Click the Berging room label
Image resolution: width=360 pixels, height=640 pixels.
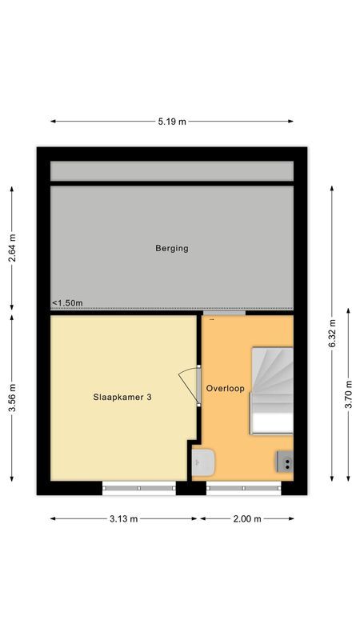click(x=172, y=248)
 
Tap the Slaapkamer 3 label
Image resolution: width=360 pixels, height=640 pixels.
click(x=122, y=394)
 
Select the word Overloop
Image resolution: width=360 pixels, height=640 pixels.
click(x=225, y=388)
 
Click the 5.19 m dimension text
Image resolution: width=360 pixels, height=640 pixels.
click(x=172, y=122)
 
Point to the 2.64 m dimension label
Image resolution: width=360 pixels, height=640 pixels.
click(x=11, y=249)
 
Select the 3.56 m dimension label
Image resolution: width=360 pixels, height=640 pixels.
click(x=11, y=398)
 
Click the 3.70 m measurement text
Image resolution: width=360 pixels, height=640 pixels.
click(x=349, y=394)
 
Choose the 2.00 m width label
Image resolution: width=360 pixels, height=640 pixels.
click(x=247, y=518)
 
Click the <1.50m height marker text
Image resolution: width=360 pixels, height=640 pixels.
click(x=67, y=303)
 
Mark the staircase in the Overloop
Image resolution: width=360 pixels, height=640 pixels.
click(x=272, y=390)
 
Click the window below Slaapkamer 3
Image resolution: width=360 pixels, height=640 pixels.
click(x=138, y=486)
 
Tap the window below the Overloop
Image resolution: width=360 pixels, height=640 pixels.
click(x=243, y=486)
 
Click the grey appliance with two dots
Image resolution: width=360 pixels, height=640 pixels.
click(x=285, y=461)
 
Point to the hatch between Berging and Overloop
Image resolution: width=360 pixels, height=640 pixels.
click(x=224, y=313)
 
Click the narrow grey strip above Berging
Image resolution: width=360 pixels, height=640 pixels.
click(x=172, y=171)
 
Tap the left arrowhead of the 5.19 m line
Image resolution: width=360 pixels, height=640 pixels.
click(x=54, y=122)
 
